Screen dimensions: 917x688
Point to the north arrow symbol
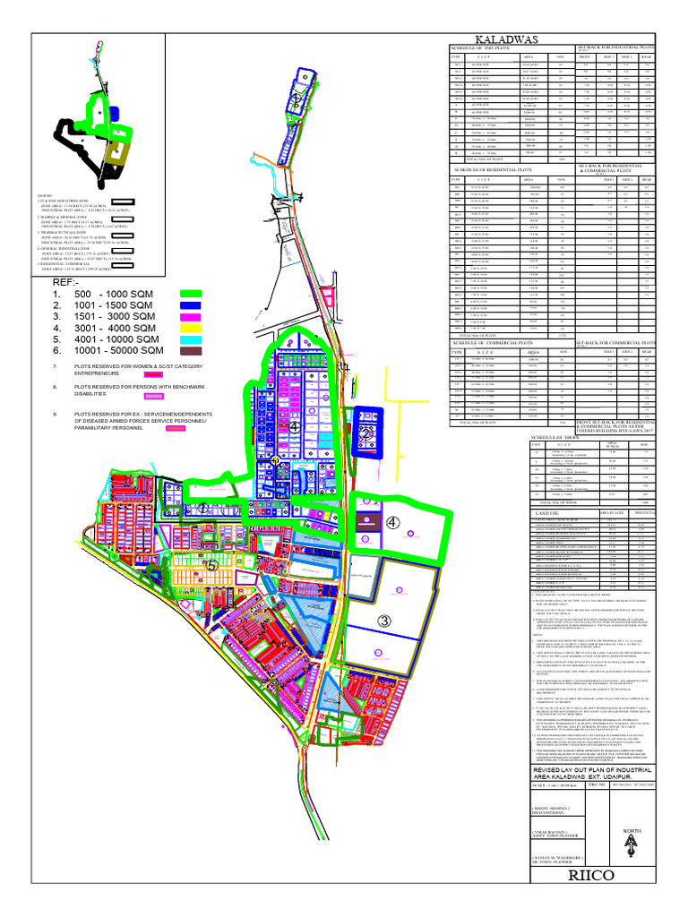pos(633,842)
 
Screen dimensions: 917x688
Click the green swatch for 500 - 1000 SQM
pos(191,294)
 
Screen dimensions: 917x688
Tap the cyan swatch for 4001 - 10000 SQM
pos(191,339)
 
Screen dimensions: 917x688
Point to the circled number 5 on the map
pos(211,566)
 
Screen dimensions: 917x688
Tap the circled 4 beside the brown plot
pos(392,522)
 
